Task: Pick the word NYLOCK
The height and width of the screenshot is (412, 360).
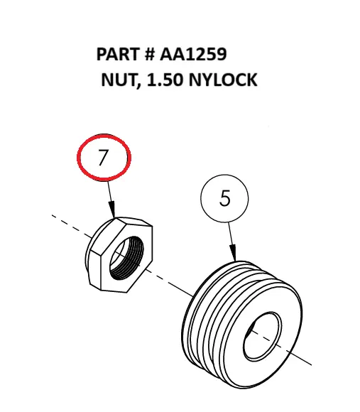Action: (222, 80)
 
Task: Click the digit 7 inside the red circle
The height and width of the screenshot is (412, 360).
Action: (104, 157)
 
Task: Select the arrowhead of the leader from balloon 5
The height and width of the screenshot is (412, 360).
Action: (232, 254)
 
